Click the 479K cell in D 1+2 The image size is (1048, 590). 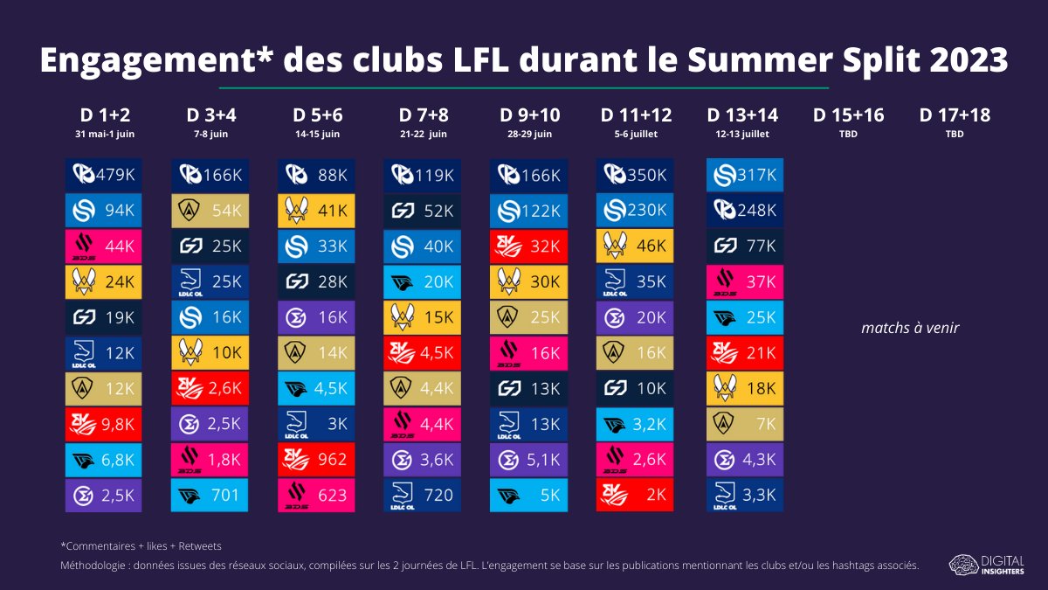[x=103, y=175]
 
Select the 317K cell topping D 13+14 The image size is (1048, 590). [x=745, y=175]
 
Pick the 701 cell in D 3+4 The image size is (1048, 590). [x=210, y=495]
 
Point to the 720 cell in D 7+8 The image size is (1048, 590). [x=422, y=495]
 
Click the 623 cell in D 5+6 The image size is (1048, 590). [x=316, y=495]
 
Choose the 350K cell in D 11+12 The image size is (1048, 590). [x=635, y=175]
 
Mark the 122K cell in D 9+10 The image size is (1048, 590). [x=528, y=211]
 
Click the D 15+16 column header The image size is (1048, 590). [x=848, y=115]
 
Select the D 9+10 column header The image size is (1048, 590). [x=529, y=115]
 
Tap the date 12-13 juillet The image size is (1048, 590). [x=742, y=135]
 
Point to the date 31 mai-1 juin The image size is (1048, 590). [x=105, y=135]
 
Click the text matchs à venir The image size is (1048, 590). [x=910, y=328]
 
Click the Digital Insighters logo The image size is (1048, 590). [x=986, y=565]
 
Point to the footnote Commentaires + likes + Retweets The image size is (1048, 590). [x=141, y=546]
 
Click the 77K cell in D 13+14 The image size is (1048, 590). [x=745, y=246]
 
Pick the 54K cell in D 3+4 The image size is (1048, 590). [x=210, y=211]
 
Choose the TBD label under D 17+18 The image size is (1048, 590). [x=955, y=135]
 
